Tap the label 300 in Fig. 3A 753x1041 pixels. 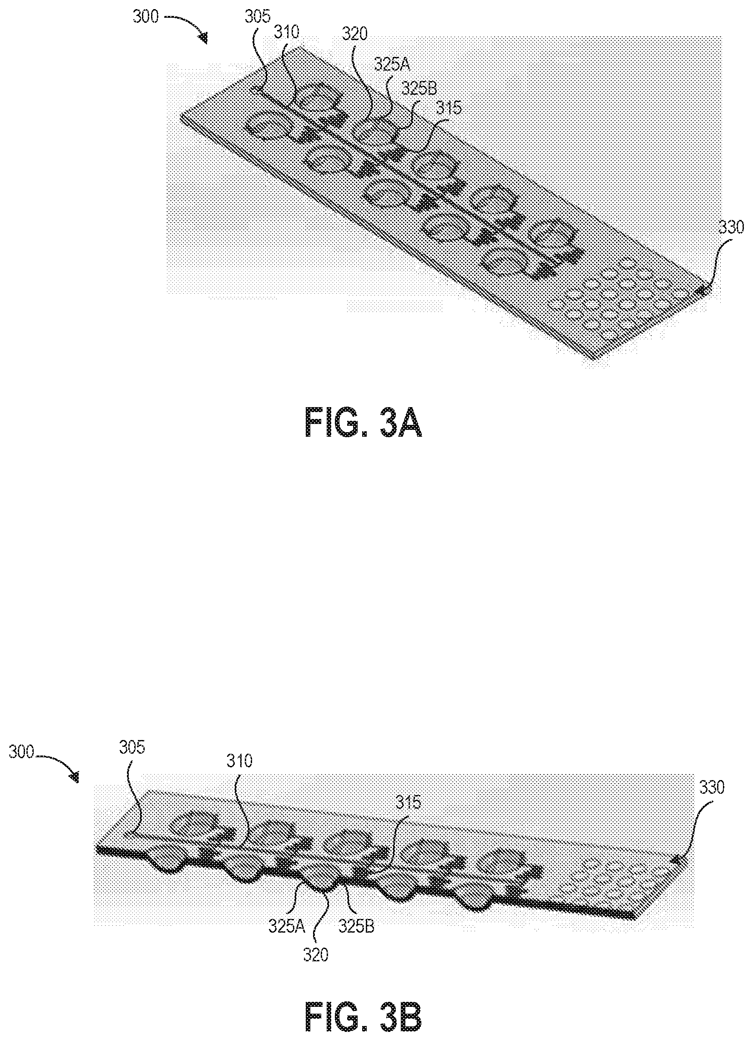[x=146, y=18]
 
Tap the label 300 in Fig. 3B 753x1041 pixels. [x=21, y=753]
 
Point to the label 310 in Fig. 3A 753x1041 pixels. [x=287, y=33]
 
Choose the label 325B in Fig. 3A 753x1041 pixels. [x=419, y=87]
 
